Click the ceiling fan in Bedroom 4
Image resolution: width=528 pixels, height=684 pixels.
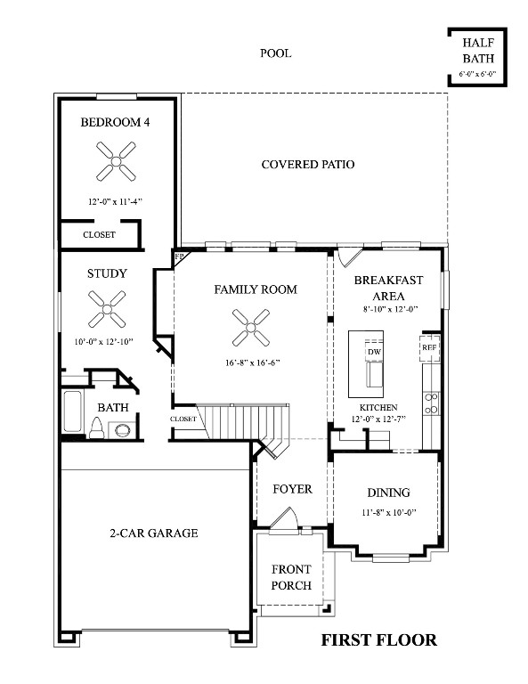117,160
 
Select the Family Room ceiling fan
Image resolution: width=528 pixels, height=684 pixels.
250,327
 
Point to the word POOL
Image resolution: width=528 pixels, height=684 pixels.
275,53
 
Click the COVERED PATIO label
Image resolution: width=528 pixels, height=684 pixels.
308,165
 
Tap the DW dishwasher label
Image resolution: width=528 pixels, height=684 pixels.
374,352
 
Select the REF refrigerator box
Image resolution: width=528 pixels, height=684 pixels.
429,346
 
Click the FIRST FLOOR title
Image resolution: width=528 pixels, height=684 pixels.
378,639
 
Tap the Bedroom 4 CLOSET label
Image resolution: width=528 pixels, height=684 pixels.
99,234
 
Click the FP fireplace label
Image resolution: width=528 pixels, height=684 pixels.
179,257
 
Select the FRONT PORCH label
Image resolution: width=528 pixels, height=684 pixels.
291,576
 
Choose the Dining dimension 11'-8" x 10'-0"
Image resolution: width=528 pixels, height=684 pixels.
388,512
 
